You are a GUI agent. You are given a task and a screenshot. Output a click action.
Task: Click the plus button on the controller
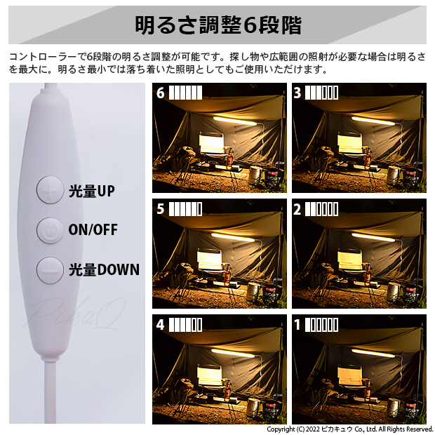tap(50, 190)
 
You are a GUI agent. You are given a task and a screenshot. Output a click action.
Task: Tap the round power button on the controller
tap(50, 230)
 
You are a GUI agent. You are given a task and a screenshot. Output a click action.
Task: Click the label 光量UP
tap(91, 191)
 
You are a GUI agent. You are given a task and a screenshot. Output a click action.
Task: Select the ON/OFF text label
tap(93, 230)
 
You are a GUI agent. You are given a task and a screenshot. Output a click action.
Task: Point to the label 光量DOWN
tap(104, 269)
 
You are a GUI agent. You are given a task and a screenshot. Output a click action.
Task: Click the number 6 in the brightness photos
tap(161, 93)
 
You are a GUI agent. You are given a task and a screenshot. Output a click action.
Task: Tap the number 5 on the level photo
tap(161, 209)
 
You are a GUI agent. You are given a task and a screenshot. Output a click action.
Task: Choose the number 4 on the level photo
tap(161, 325)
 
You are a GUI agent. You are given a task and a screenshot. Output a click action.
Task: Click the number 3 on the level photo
tap(297, 93)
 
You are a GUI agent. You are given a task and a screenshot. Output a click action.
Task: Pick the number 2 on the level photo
tap(297, 209)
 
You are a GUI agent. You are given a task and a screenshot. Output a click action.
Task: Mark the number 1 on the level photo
tap(297, 325)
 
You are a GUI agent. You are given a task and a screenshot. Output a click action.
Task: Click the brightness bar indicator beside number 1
tap(322, 325)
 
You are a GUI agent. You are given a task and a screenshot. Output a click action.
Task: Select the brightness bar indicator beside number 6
tap(186, 93)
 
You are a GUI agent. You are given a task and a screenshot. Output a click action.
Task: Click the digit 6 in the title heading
tap(250, 25)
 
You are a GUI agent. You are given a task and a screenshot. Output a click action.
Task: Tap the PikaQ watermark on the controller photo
tap(75, 314)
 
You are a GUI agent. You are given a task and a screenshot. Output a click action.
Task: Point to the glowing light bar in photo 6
tap(235, 121)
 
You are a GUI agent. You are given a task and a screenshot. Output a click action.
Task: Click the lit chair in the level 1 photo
tap(350, 377)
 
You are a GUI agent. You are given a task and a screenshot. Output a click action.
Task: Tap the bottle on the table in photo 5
tap(228, 276)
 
